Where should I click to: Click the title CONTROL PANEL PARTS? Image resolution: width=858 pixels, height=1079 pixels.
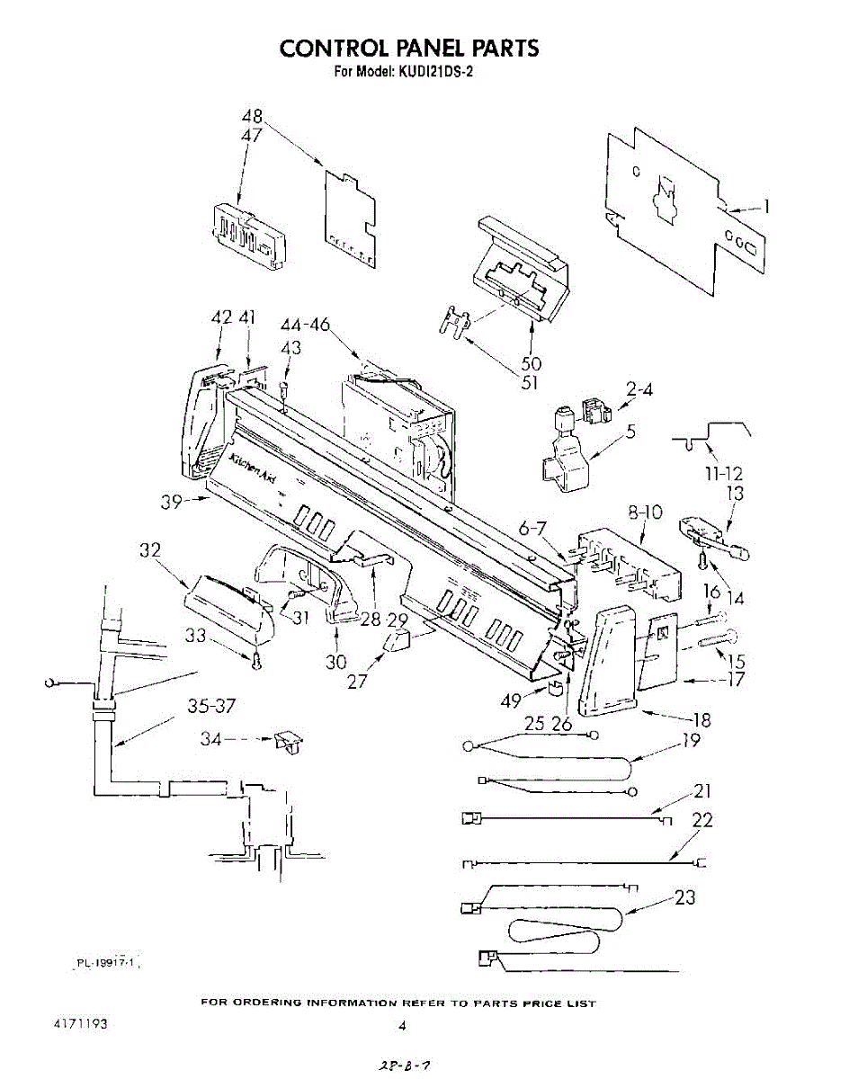point(409,48)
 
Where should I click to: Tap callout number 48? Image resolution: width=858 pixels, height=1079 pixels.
point(253,117)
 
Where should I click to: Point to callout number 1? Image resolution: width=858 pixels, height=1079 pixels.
point(766,206)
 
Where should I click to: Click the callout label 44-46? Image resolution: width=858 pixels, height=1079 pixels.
point(305,325)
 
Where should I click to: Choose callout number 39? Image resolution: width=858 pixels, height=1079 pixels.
point(174,502)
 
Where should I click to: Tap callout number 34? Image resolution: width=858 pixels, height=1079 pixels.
point(210,739)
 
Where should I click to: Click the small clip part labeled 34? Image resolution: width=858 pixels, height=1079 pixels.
point(290,742)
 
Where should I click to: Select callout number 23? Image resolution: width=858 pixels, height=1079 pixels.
point(684,897)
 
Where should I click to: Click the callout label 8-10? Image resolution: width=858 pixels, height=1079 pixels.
point(645,513)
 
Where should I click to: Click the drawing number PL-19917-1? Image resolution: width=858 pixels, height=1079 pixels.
point(106,962)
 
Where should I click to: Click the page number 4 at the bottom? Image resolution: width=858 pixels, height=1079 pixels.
point(403,1026)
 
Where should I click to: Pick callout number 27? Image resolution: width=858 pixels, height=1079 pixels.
point(358,681)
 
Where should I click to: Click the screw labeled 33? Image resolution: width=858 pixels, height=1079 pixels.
point(258,663)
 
